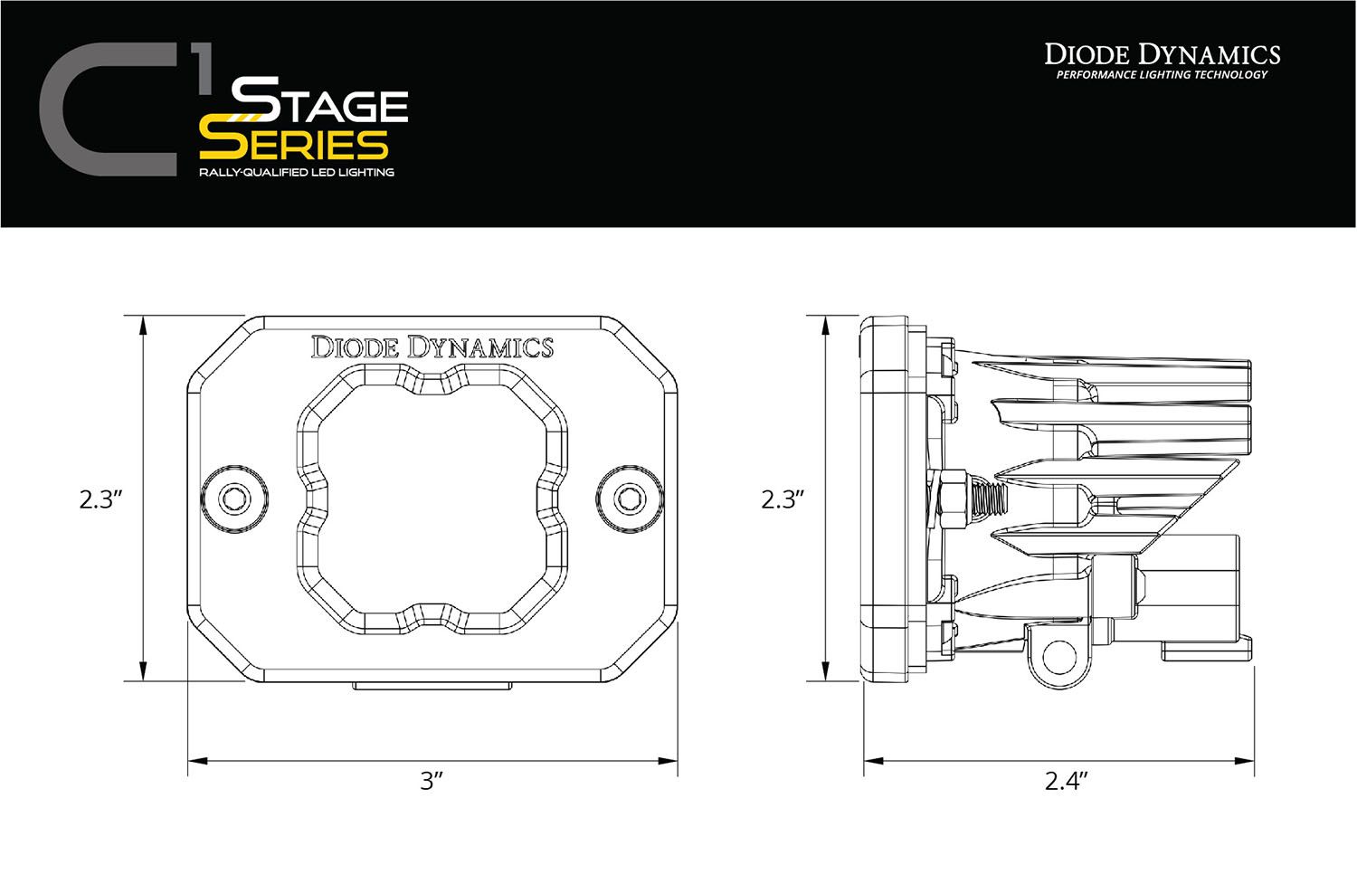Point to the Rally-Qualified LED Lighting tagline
click(x=298, y=172)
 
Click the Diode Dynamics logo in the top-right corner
click(x=1162, y=53)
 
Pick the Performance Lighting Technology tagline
click(x=1162, y=74)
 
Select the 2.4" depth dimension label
click(x=1065, y=782)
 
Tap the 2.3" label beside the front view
click(x=100, y=500)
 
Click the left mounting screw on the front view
click(x=235, y=497)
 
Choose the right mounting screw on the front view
click(x=628, y=497)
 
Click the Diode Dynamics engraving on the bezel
click(x=432, y=347)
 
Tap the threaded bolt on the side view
click(x=989, y=497)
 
